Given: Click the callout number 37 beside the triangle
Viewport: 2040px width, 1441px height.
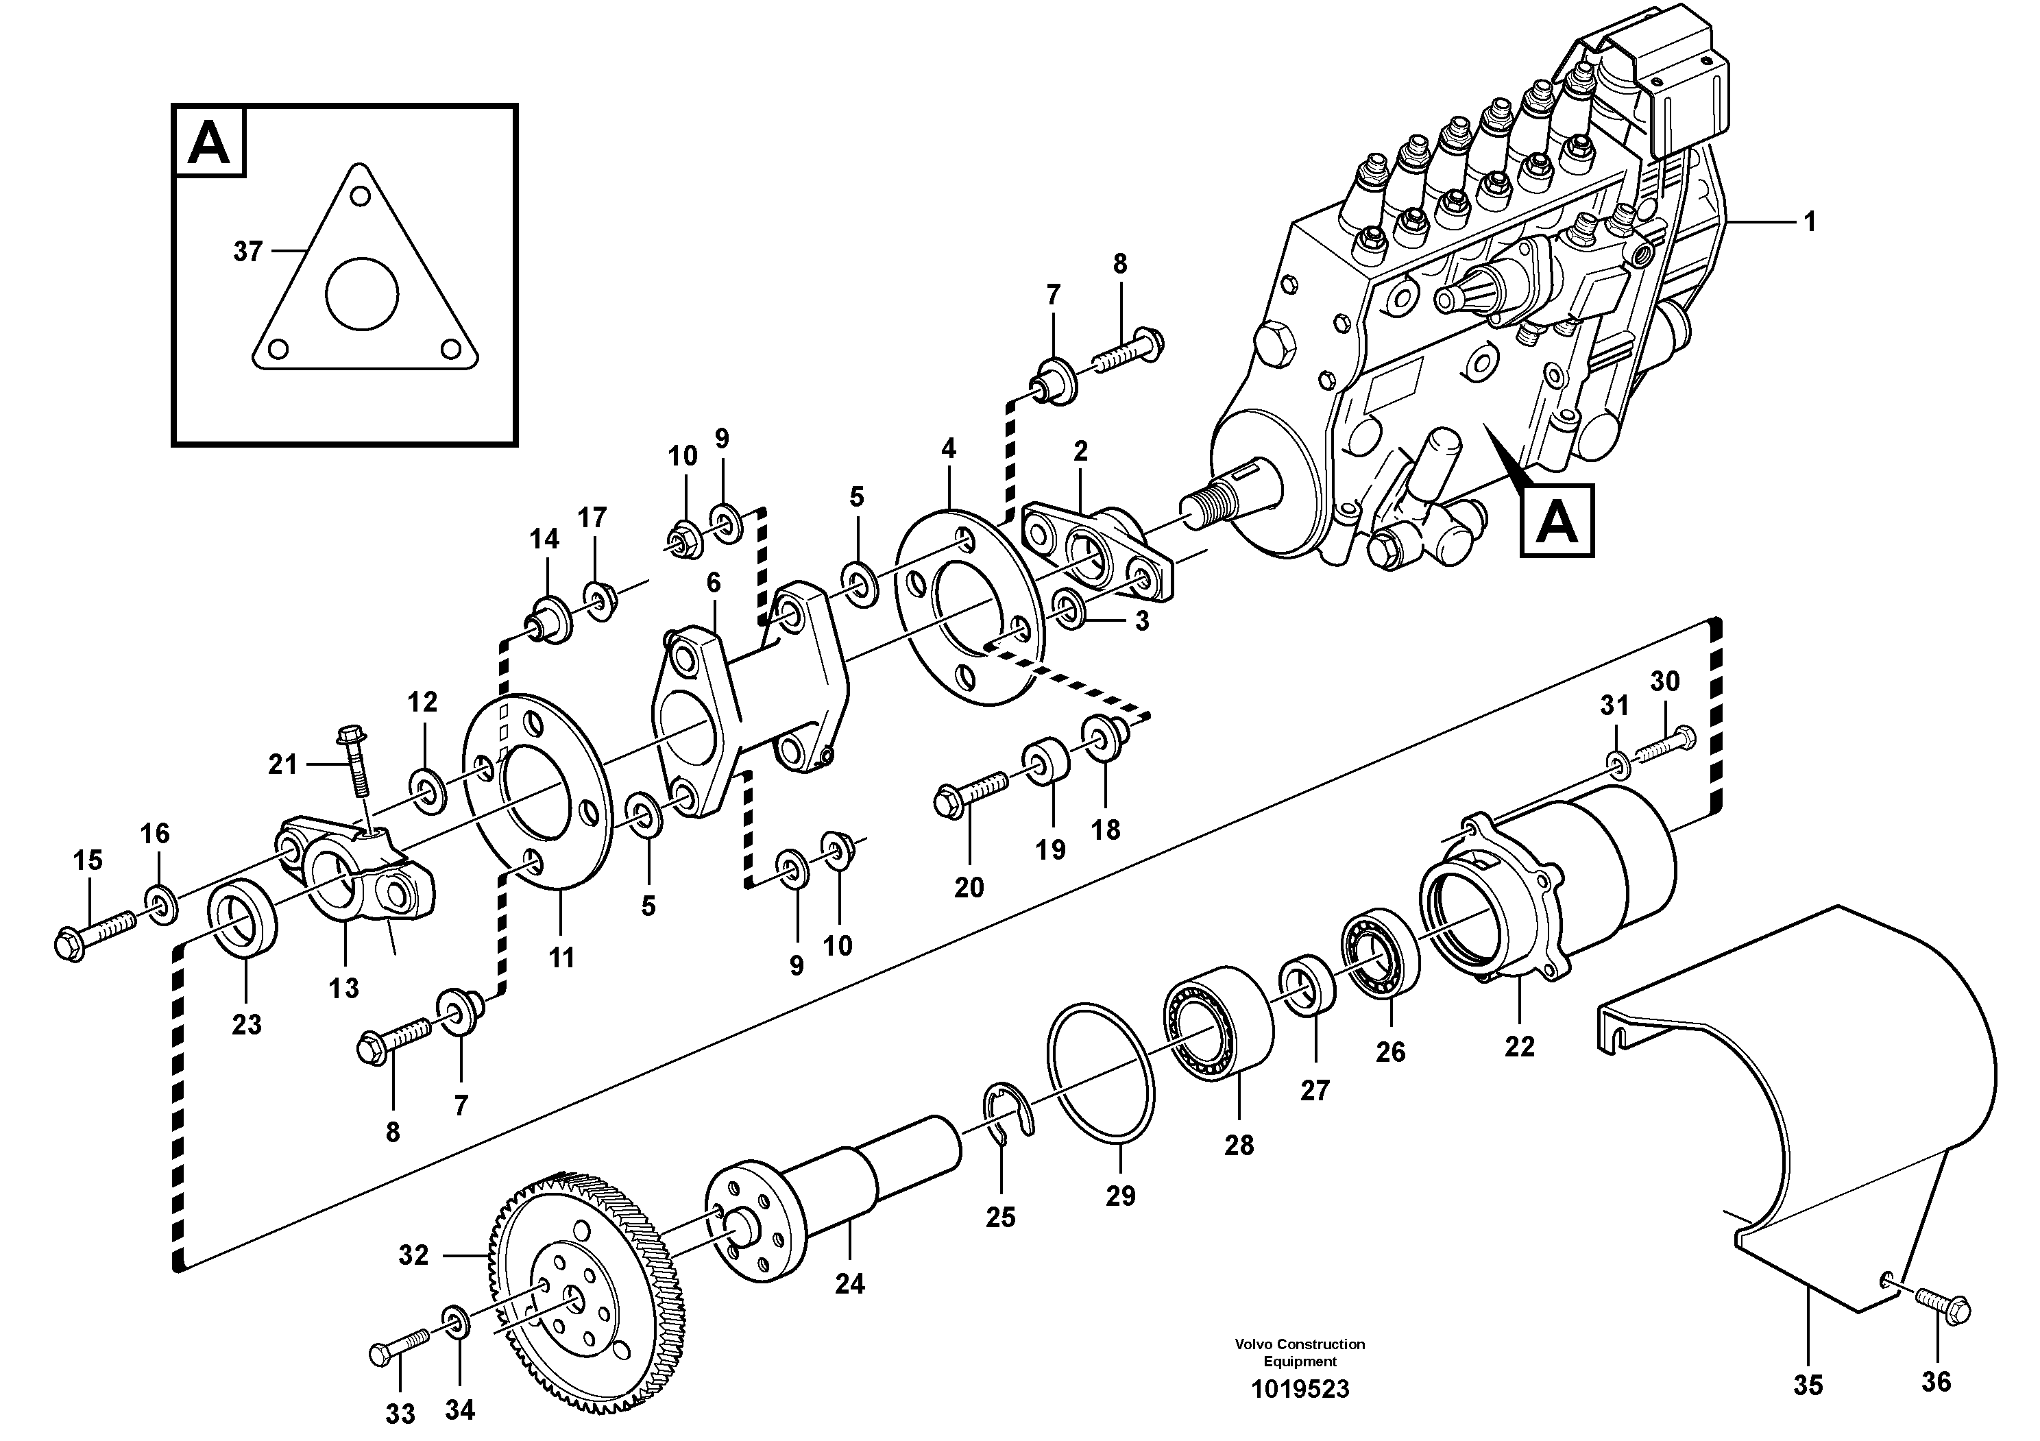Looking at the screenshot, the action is [x=248, y=252].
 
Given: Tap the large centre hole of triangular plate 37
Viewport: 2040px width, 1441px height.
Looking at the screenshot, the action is [x=363, y=293].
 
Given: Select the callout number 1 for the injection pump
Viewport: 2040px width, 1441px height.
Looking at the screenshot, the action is [x=1810, y=221].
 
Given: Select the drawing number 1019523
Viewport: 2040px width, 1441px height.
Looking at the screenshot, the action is [x=1300, y=1389].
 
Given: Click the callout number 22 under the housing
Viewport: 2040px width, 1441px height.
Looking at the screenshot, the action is [x=1519, y=1047].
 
